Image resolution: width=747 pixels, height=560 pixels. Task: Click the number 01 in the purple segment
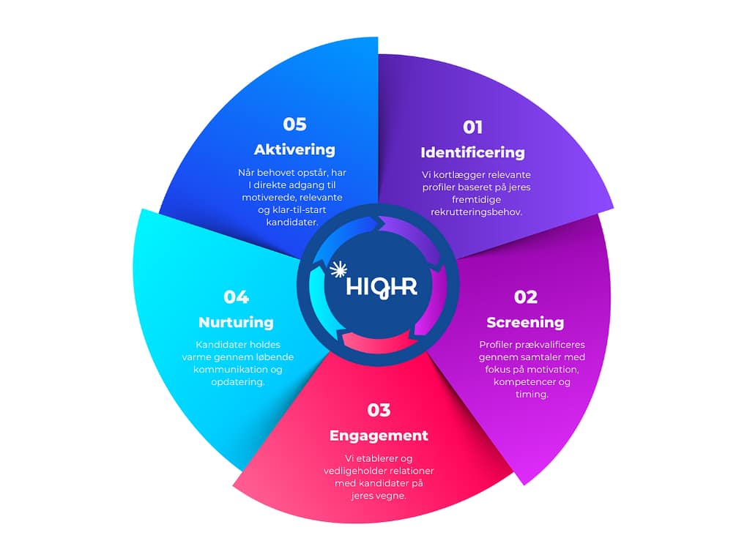pos(472,127)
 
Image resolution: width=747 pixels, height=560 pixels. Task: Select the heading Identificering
pos(472,152)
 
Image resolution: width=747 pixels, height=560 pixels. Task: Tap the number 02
pos(525,297)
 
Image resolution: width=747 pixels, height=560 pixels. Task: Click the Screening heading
pos(525,322)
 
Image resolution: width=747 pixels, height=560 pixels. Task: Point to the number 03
pos(379,410)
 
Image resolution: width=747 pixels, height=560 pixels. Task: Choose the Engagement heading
pos(379,435)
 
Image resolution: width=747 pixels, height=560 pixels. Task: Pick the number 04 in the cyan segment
pos(236,297)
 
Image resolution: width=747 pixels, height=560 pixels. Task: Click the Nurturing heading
pos(236,322)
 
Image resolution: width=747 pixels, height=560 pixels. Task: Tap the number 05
pos(294,124)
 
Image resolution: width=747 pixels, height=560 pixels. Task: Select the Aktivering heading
pos(294,149)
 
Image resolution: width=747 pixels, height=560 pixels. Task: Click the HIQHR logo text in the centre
pos(382,285)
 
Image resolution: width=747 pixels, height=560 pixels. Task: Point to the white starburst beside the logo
pos(338,269)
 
